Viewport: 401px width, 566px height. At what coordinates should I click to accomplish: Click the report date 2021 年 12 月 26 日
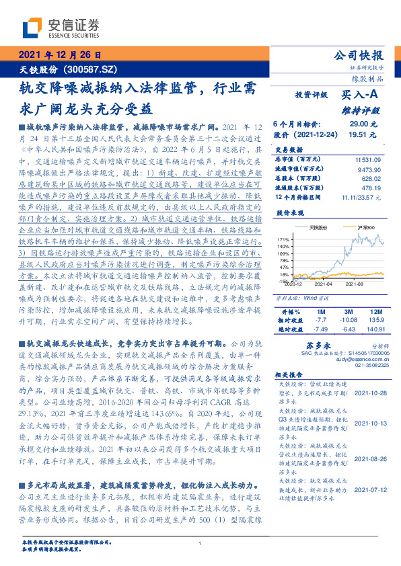pyautogui.click(x=60, y=56)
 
